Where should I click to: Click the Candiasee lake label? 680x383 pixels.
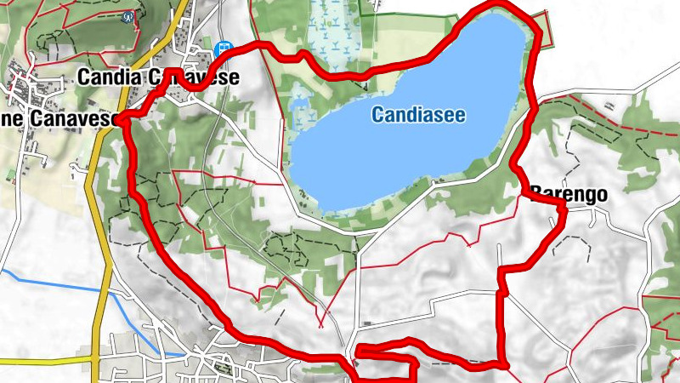[418, 114]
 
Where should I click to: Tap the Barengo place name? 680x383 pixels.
[569, 194]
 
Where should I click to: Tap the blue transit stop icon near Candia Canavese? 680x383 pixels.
[224, 49]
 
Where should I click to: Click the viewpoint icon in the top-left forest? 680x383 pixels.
[128, 16]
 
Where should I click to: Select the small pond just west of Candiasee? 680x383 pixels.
[299, 109]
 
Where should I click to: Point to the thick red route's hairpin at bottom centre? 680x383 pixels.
[359, 351]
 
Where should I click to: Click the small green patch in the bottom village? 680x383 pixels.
[223, 368]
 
